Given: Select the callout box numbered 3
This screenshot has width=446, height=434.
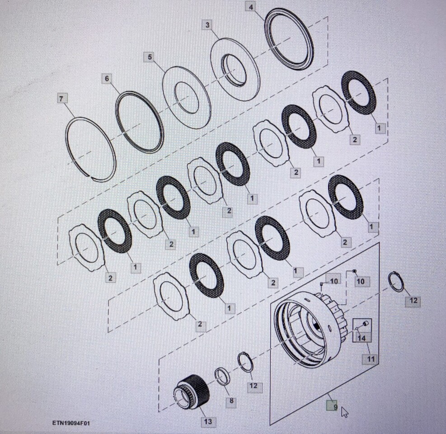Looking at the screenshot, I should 207,24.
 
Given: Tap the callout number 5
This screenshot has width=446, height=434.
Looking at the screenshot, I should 150,57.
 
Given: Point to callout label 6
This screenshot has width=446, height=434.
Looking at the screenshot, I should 107,79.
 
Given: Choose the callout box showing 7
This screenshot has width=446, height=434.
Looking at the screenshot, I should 61,99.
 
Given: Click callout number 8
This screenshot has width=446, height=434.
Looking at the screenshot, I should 232,401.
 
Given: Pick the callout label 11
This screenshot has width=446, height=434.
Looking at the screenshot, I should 371,359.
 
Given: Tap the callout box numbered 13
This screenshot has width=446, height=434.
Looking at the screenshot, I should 208,422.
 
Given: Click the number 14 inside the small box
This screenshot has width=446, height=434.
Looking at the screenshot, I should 361,337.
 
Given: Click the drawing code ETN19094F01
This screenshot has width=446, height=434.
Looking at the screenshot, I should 71,424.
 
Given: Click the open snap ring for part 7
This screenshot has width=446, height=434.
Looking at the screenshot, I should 90,149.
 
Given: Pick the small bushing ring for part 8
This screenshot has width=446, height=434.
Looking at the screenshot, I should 222,377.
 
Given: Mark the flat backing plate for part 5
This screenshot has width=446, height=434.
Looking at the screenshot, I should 187,97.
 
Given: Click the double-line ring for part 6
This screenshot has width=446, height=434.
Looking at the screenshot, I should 139,122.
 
